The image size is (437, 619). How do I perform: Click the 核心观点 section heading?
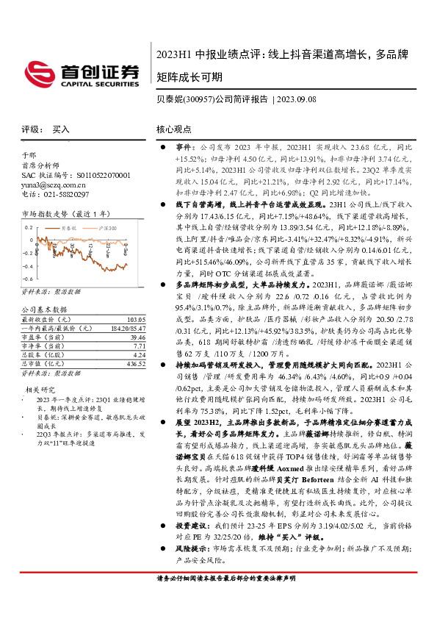click(x=174, y=129)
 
